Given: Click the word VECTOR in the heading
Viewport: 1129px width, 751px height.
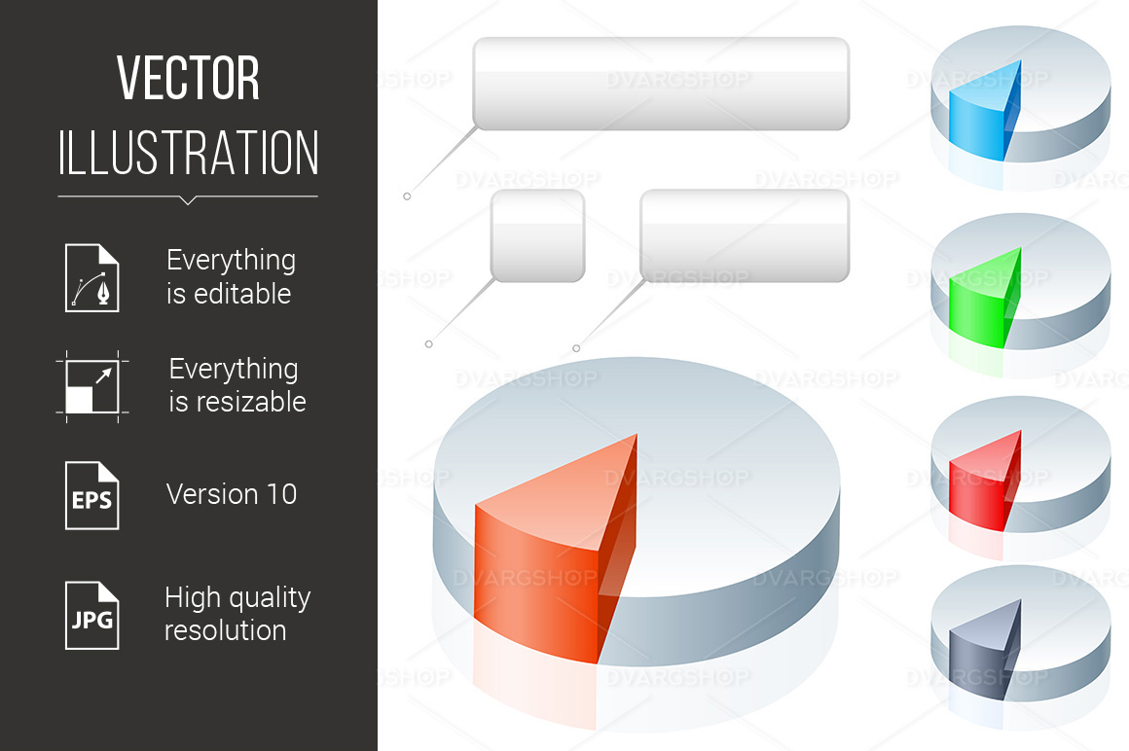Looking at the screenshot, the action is point(188,78).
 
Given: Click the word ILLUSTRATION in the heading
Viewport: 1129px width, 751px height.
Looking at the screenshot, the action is point(188,153).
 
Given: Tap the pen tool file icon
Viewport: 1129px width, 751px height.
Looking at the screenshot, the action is point(92,277).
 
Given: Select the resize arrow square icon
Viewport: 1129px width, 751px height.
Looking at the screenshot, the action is point(92,386).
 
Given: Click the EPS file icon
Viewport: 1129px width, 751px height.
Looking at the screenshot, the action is point(92,495).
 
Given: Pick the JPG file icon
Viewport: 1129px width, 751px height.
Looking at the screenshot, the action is point(92,616).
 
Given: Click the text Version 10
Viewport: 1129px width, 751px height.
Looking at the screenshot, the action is point(231,494).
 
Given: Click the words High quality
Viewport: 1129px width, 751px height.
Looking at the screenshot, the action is point(237,597).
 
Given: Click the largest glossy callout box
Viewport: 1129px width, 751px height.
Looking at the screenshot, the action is point(661,84).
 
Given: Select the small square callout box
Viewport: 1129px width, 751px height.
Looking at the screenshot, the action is point(538,236).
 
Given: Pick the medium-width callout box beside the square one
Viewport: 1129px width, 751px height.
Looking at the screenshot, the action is point(745,236).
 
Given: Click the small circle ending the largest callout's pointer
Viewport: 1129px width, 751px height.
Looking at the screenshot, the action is point(407,197).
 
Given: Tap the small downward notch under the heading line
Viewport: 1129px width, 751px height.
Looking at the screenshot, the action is point(188,200).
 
